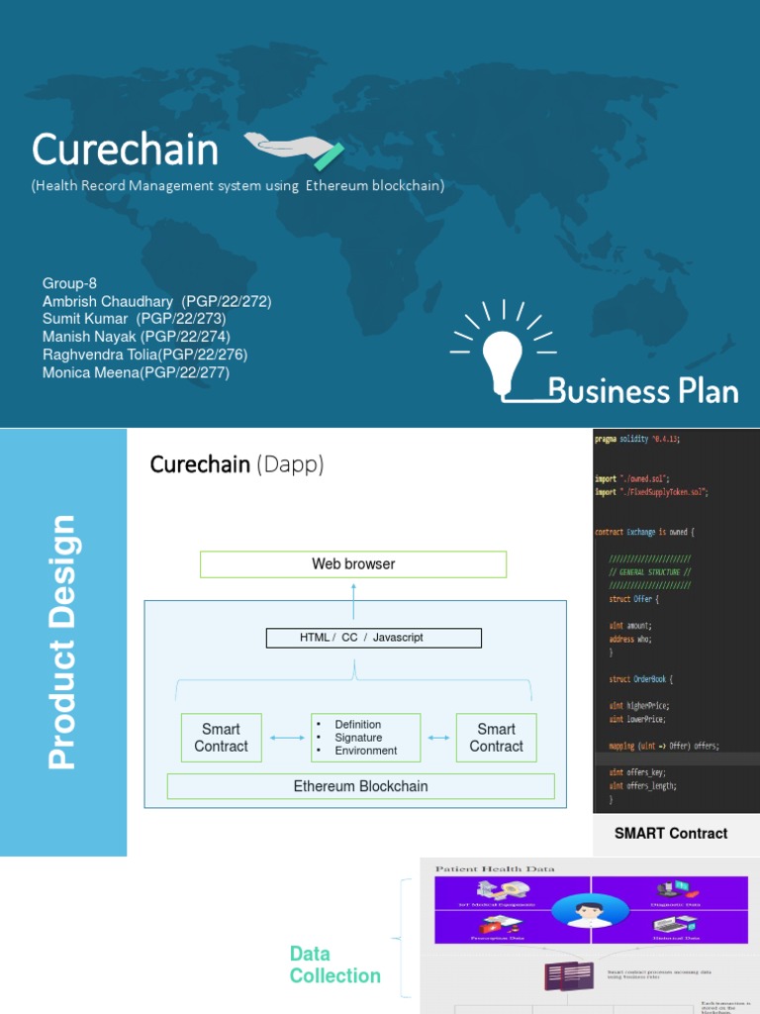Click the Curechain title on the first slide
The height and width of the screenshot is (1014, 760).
(x=125, y=151)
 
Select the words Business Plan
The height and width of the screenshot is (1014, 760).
(x=642, y=390)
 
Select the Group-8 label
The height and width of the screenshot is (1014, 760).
(x=69, y=283)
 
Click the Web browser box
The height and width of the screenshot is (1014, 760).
(x=353, y=564)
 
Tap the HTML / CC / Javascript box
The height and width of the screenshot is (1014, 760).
(x=374, y=638)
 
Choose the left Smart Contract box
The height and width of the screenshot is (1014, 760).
(x=222, y=738)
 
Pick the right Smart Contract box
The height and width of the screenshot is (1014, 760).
(x=496, y=738)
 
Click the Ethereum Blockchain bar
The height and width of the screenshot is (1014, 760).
(x=360, y=786)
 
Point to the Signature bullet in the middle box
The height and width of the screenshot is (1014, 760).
(x=358, y=738)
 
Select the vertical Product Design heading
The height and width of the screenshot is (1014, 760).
(x=62, y=642)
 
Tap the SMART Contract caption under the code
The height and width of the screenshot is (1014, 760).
(x=671, y=834)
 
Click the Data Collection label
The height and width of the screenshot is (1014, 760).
(x=334, y=964)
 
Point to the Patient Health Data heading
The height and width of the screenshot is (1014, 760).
(x=495, y=868)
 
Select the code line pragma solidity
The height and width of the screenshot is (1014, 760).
(x=638, y=439)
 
